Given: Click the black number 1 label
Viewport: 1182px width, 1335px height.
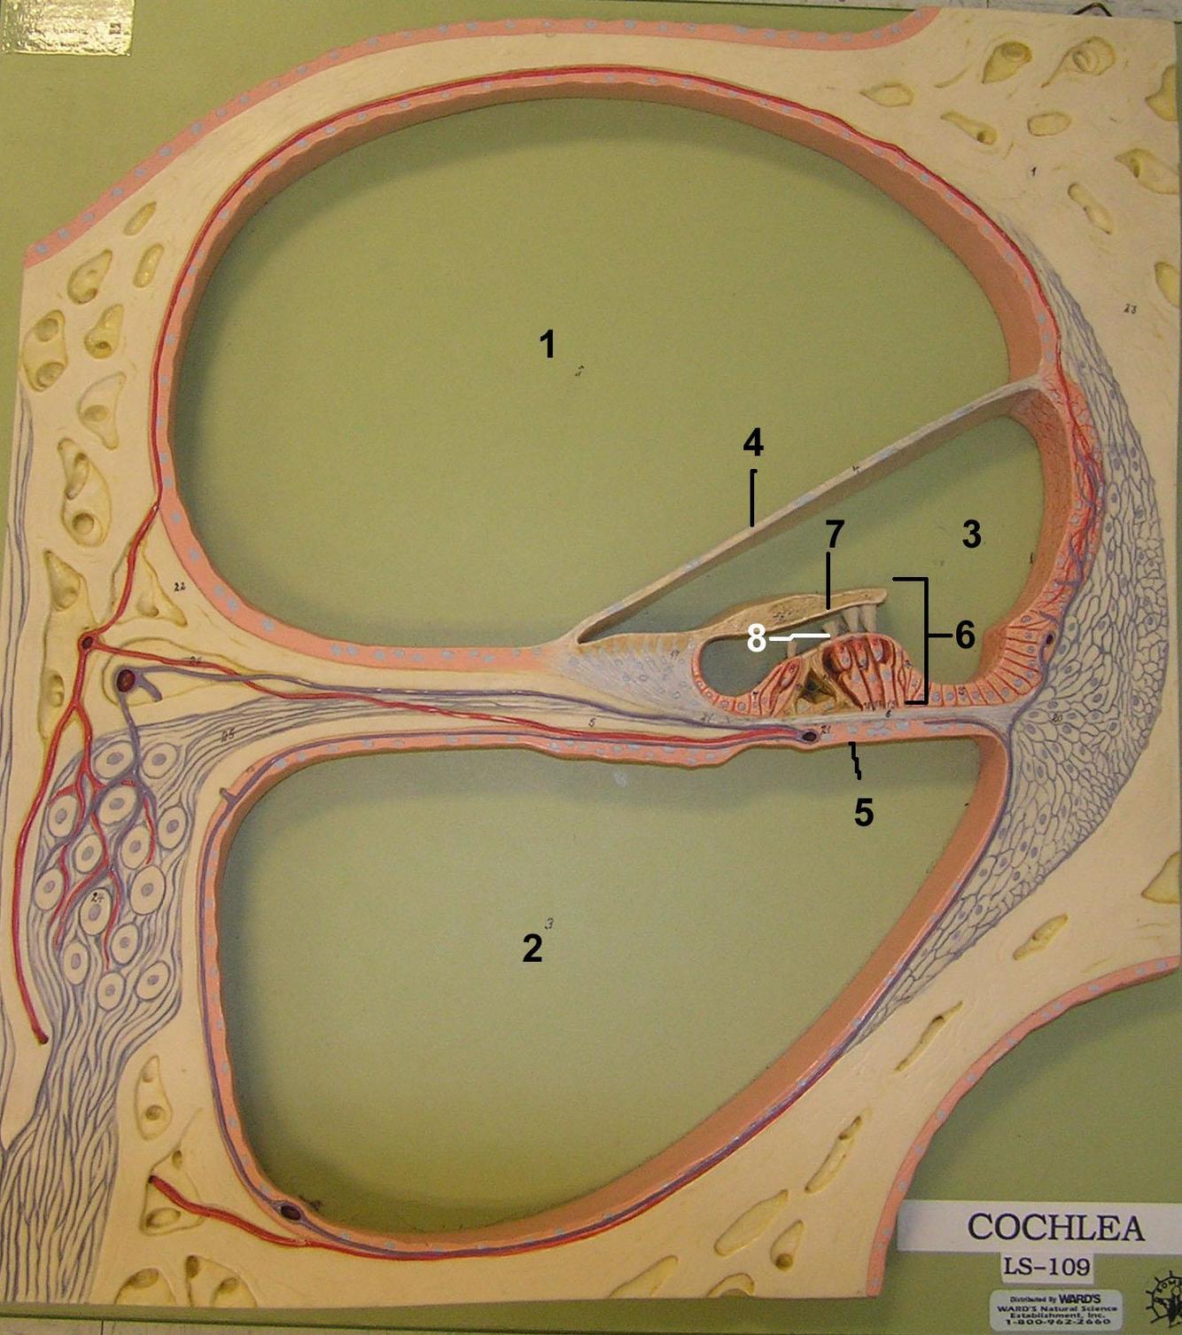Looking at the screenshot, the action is (548, 344).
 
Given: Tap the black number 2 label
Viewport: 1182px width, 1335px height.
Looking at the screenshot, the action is (532, 948).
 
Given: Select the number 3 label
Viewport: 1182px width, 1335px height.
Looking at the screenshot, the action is (971, 535).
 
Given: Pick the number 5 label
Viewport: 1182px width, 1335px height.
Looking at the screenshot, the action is (864, 812).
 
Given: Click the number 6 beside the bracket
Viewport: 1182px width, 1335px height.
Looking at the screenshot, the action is (964, 635).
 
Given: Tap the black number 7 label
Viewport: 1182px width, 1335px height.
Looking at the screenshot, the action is (834, 535).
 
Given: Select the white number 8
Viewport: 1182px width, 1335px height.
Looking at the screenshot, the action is (756, 638).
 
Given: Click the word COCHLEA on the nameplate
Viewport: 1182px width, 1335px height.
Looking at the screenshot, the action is (1055, 1227).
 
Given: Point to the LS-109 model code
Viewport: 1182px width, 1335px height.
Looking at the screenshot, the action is (1046, 1265).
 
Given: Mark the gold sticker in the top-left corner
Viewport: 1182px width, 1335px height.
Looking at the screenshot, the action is (67, 27).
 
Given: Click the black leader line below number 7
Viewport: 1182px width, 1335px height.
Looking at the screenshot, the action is (828, 581).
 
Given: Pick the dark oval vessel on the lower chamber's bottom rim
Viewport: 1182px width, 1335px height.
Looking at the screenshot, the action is (291, 1210).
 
